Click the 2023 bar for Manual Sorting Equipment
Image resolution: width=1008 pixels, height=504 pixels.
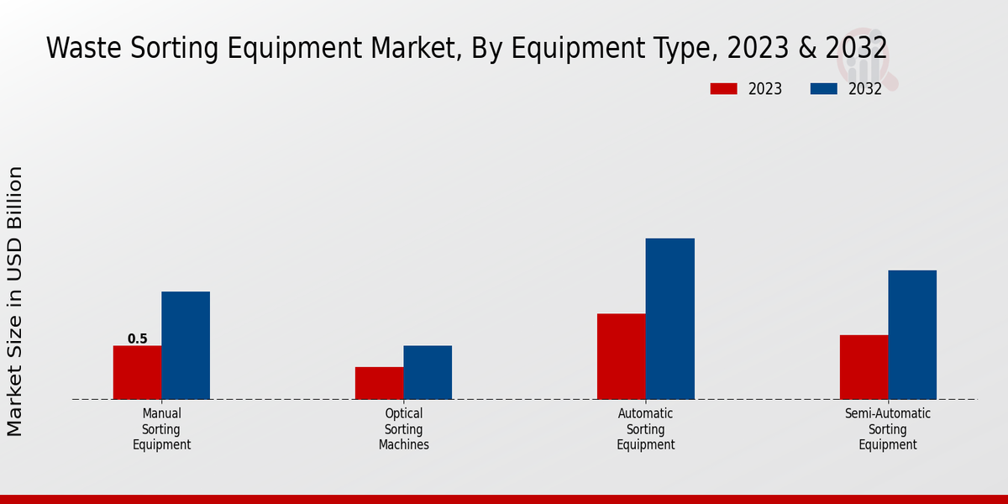137,372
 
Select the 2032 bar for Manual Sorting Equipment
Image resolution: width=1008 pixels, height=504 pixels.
186,345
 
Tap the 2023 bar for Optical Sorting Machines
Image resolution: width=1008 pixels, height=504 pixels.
379,383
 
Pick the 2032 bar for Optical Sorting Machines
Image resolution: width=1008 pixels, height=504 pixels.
428,372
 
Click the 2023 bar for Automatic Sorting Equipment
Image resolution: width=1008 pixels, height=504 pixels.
622,356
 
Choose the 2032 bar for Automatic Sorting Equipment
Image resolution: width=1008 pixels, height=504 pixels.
670,318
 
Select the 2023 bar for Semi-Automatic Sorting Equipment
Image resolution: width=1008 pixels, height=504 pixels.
864,367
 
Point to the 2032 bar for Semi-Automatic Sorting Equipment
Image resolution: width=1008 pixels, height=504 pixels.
912,334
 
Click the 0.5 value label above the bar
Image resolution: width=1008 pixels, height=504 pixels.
137,339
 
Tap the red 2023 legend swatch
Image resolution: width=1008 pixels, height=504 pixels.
723,89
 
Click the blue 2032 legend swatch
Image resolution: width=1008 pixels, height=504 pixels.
824,89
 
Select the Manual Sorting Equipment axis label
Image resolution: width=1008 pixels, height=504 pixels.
161,429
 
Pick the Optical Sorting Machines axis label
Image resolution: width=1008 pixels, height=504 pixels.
403,429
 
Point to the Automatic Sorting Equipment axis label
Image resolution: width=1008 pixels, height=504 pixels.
645,429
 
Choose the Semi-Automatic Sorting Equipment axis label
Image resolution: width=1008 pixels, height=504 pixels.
888,429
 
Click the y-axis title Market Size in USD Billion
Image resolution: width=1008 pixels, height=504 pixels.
15,301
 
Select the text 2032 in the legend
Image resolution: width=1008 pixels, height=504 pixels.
865,89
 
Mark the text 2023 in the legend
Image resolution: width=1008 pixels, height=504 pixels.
764,89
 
